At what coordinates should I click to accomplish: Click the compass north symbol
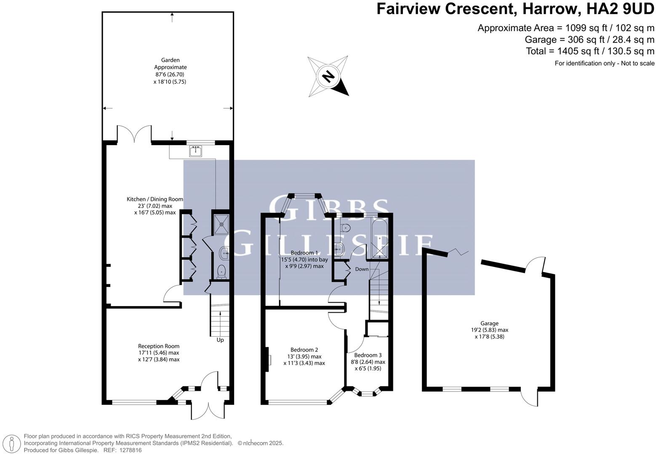[328, 76]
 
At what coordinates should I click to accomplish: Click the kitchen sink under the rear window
[196, 150]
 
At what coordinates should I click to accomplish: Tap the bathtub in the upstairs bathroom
[380, 238]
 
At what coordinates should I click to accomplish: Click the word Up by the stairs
[220, 340]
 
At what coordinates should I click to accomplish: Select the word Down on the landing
[362, 269]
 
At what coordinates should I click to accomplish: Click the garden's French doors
[134, 134]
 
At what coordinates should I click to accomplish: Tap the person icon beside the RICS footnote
[12, 443]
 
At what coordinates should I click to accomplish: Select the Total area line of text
[590, 51]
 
